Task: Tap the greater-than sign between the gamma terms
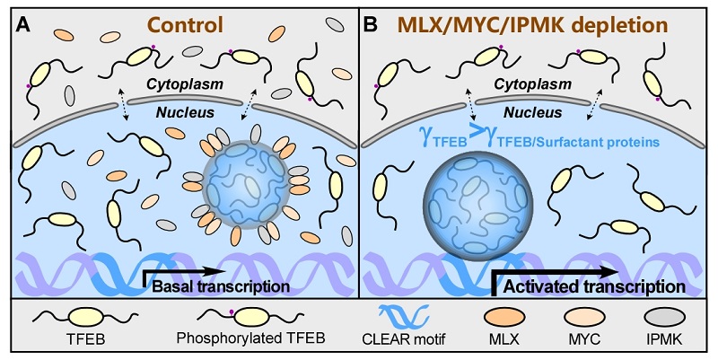(x=468, y=139)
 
